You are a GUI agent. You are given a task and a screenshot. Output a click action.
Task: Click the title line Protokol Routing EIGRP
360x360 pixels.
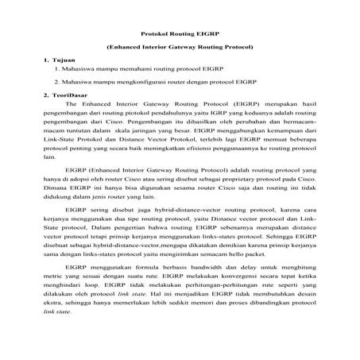180,34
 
